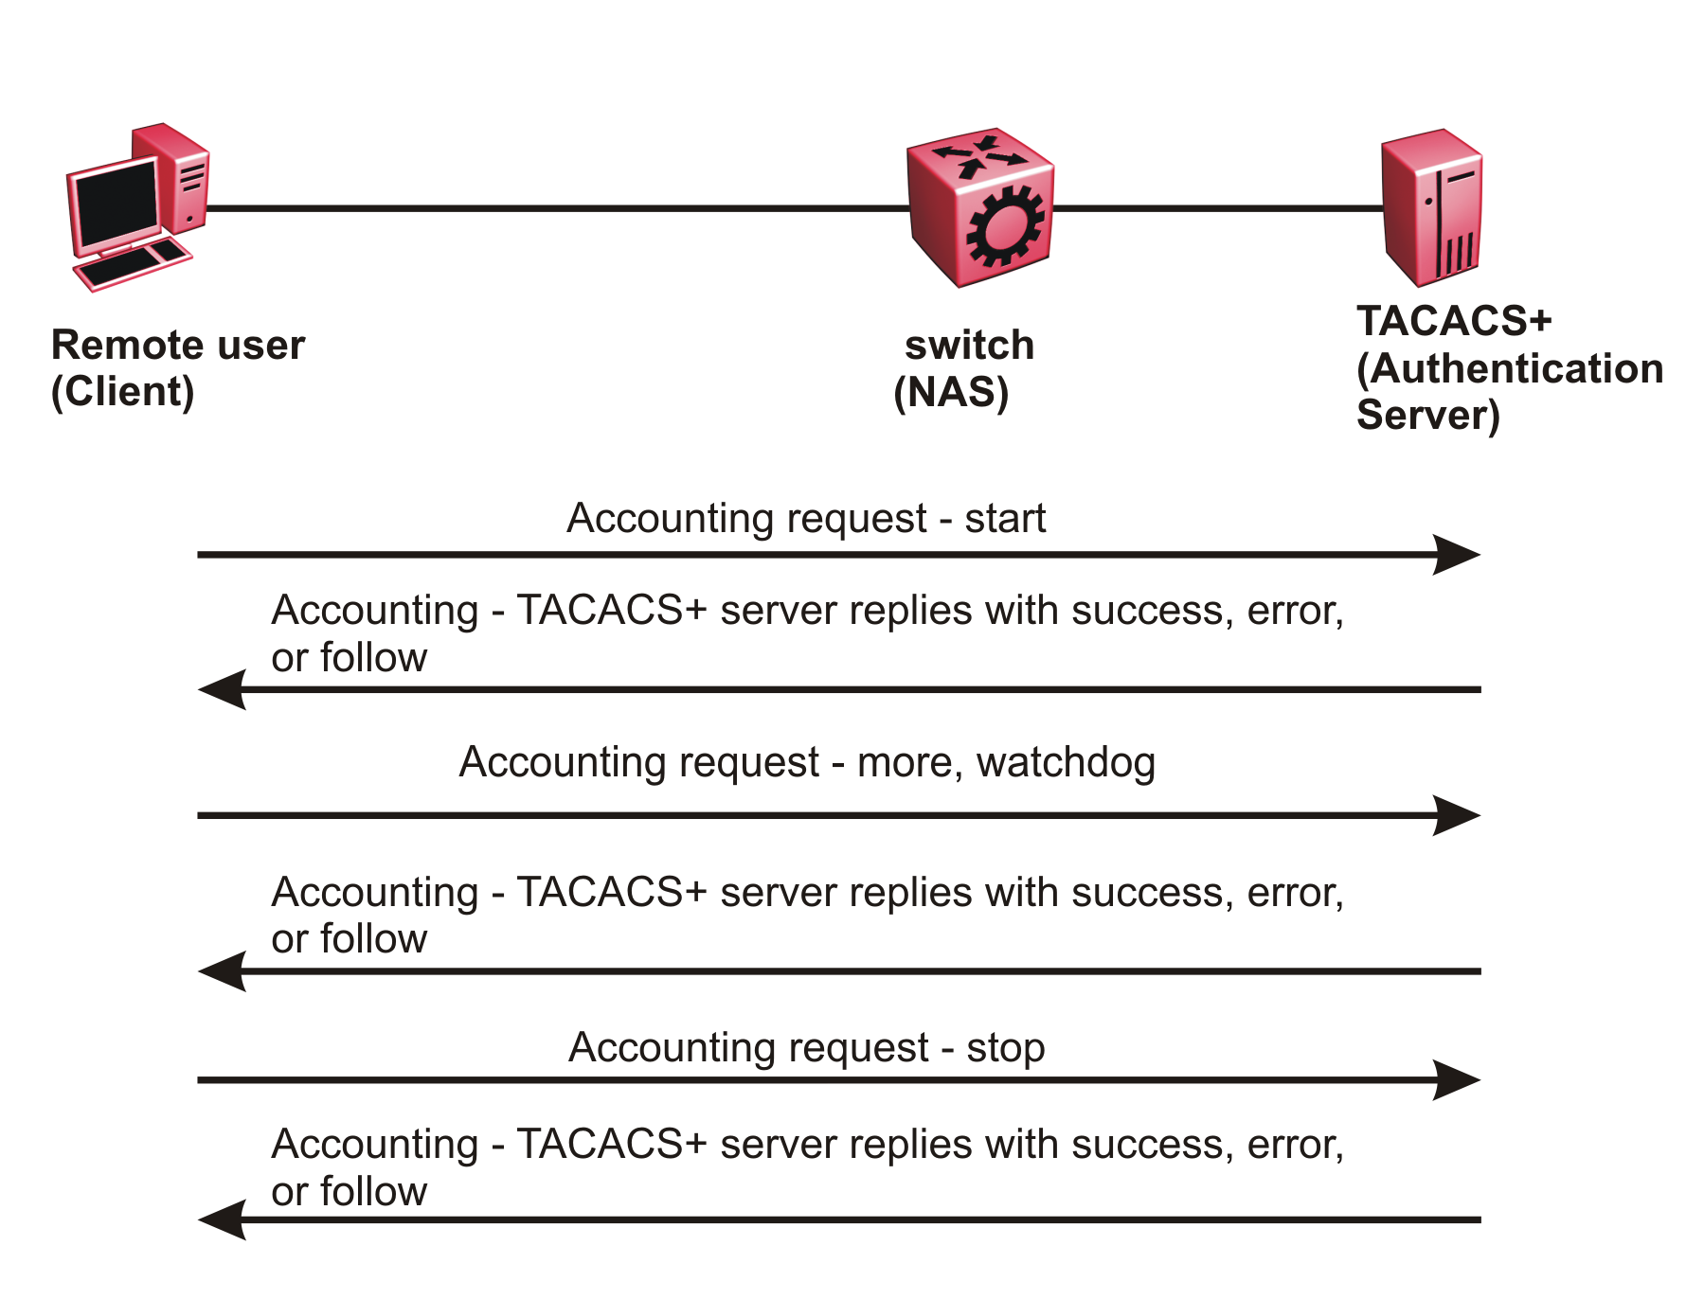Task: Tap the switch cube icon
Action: tap(980, 206)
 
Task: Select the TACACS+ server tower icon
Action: tap(1431, 208)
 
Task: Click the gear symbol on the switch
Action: tap(1005, 226)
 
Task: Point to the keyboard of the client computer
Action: tap(133, 265)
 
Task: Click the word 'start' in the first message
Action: tap(1005, 519)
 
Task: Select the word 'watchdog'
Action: tap(1066, 762)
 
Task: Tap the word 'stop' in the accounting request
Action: tap(1005, 1048)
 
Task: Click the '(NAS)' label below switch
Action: tap(951, 392)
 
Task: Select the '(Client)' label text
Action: tap(122, 392)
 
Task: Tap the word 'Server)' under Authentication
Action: tap(1427, 416)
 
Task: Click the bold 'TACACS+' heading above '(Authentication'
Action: tap(1454, 321)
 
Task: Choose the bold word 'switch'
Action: tap(969, 346)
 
